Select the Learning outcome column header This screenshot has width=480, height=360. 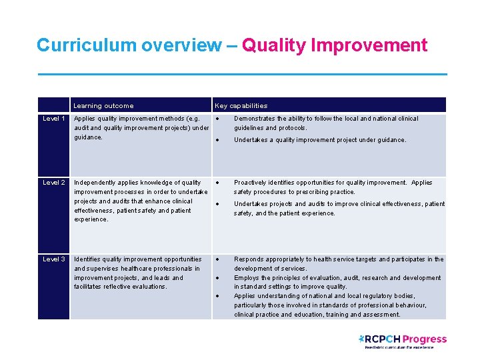[x=103, y=105]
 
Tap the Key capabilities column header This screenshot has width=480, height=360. [x=241, y=105]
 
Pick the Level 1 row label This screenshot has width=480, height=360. [x=53, y=119]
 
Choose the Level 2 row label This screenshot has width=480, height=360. [x=53, y=183]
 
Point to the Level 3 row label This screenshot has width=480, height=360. [x=53, y=259]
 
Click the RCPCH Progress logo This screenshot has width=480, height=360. [x=402, y=341]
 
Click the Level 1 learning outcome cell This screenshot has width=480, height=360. [x=141, y=128]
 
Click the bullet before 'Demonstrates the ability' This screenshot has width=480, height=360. [x=217, y=119]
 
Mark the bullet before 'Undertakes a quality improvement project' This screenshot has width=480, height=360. [x=217, y=140]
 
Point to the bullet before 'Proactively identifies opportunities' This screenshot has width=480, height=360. [x=217, y=183]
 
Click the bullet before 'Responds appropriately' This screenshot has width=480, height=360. [x=217, y=259]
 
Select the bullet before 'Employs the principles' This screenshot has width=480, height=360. [x=217, y=278]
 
